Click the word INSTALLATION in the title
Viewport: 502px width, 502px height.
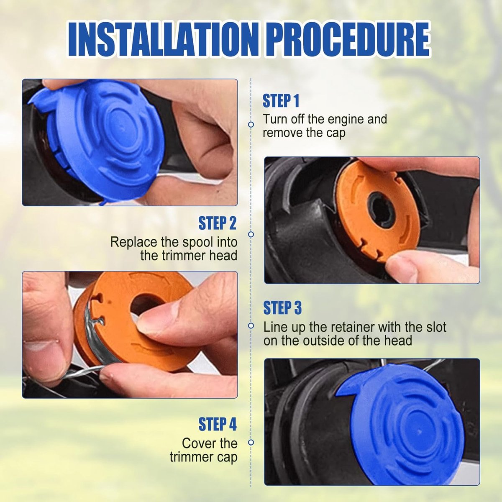click(164, 40)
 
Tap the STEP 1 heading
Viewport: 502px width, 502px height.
click(281, 101)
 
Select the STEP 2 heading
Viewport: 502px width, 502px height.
click(217, 223)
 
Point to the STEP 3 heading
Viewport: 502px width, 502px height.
click(282, 307)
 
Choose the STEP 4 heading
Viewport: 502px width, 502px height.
click(217, 424)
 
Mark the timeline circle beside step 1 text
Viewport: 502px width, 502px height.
click(251, 125)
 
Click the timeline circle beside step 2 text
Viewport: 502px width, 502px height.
click(251, 234)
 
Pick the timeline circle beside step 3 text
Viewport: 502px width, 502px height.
click(251, 325)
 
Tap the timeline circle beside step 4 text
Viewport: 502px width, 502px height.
click(251, 442)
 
